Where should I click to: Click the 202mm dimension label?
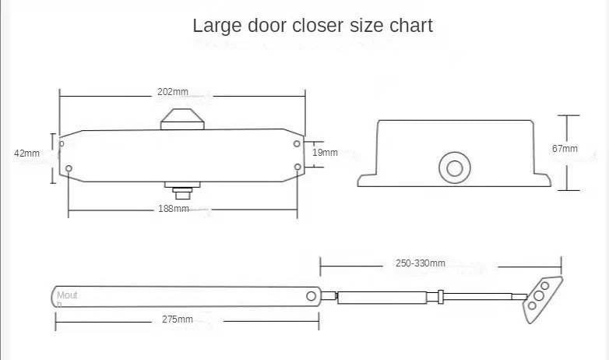[172, 92]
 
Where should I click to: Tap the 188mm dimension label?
[173, 209]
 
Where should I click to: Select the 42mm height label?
[26, 154]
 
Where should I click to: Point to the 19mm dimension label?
[325, 153]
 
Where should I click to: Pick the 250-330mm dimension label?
[421, 264]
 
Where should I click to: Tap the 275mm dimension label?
[177, 319]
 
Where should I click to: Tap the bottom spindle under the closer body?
[181, 189]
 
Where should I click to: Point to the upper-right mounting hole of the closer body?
[297, 143]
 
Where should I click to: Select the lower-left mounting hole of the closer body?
[69, 168]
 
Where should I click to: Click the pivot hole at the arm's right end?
[312, 296]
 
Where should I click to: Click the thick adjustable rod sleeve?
[382, 296]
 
